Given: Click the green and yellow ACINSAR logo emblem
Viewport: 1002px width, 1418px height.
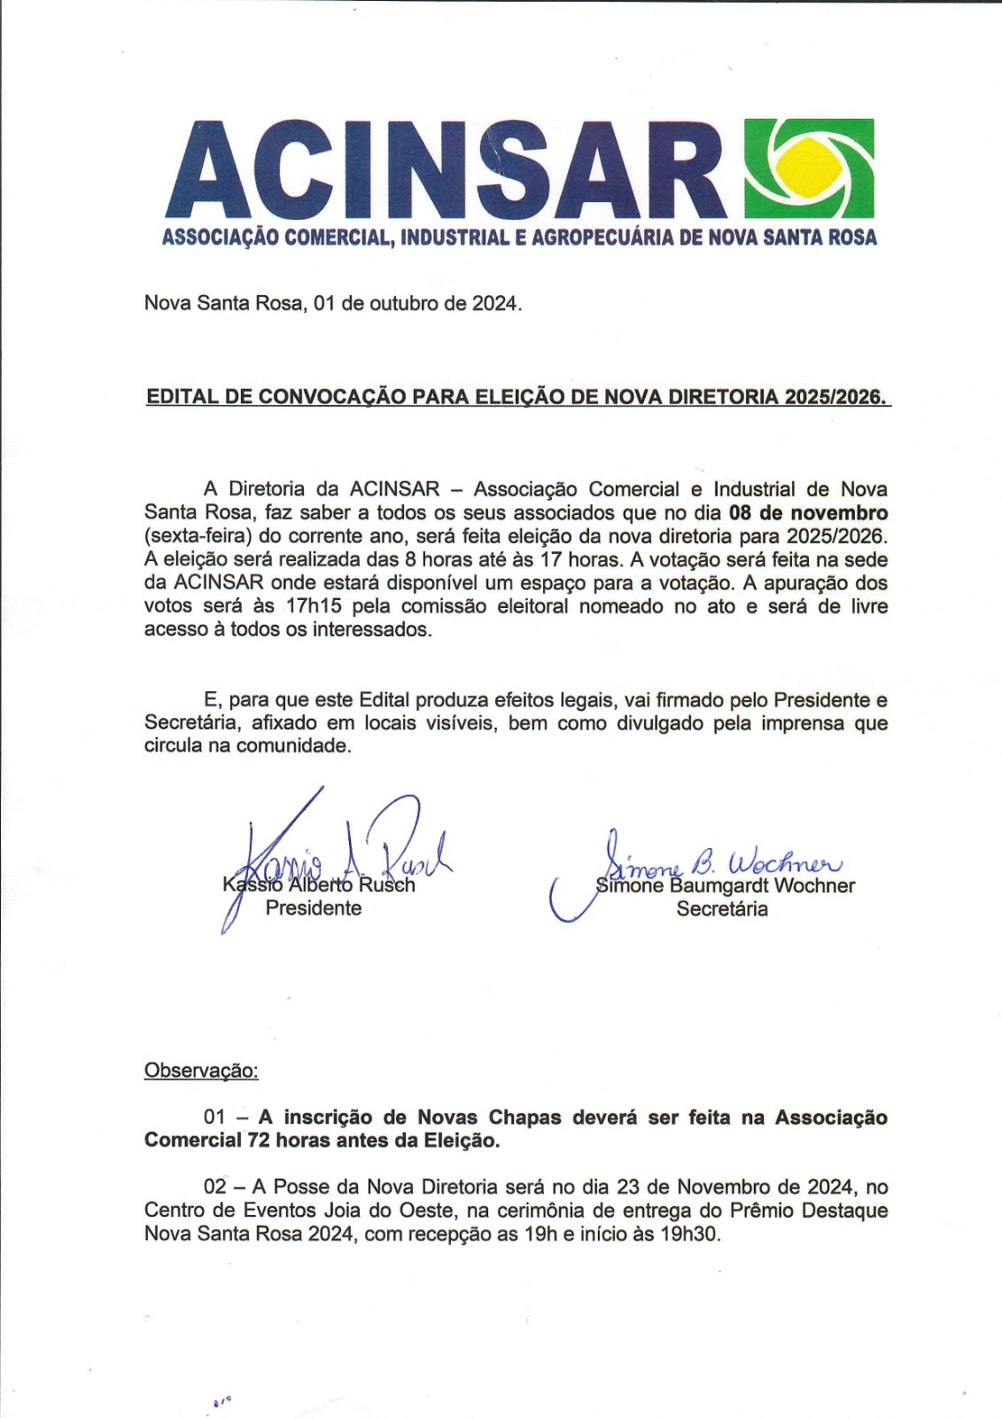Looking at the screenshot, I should click(810, 168).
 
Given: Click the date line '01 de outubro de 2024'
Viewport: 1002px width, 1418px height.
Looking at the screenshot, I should click(416, 303).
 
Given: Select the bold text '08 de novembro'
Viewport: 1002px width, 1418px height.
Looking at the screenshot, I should click(808, 513).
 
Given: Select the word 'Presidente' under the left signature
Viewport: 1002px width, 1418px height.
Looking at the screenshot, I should click(314, 908).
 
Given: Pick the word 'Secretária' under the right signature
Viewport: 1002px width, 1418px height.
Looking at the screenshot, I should click(722, 909).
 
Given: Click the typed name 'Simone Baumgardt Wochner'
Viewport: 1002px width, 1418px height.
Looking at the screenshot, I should click(726, 885).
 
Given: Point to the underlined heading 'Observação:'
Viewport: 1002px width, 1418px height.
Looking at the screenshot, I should click(201, 1071).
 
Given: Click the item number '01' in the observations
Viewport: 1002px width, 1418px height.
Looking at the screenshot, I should click(215, 1118).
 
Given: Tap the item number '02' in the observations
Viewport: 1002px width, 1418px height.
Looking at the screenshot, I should click(215, 1187).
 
